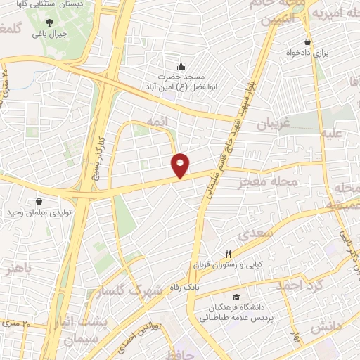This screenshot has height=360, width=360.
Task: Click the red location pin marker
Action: tap(181, 165)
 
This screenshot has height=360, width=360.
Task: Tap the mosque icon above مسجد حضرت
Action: tap(181, 66)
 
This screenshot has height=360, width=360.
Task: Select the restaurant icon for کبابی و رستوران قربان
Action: tap(227, 254)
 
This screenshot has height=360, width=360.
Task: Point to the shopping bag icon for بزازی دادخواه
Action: tap(307, 42)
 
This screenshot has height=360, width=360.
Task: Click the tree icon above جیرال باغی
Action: tap(49, 22)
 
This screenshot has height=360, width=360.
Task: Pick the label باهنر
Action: tap(18, 268)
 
